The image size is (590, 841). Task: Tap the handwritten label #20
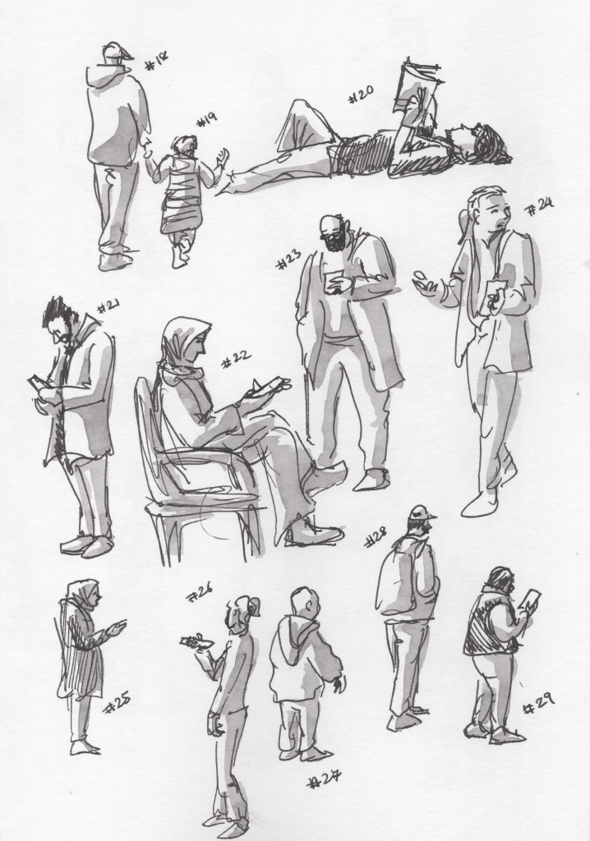(361, 95)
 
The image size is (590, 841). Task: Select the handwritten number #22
(236, 360)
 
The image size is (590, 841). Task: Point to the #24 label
(540, 206)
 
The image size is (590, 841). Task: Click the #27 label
(324, 779)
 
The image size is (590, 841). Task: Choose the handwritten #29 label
(538, 704)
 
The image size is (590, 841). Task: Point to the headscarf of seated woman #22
(179, 344)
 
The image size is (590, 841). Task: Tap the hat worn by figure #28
(422, 512)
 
